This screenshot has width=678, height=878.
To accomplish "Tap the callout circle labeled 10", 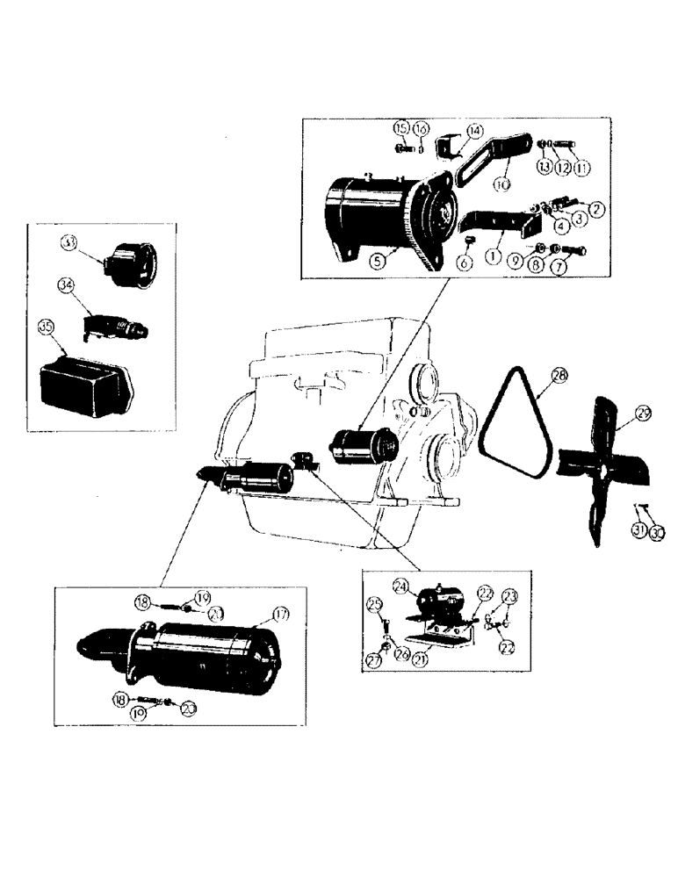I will [501, 185].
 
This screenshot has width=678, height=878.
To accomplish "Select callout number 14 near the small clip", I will [474, 131].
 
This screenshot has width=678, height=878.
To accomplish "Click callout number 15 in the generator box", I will [401, 129].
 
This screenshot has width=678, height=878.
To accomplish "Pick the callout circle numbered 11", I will [584, 167].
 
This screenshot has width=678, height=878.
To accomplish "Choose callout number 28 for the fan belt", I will [558, 375].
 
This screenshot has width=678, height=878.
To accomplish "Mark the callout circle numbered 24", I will [401, 586].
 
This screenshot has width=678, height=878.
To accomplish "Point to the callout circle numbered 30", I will [658, 532].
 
